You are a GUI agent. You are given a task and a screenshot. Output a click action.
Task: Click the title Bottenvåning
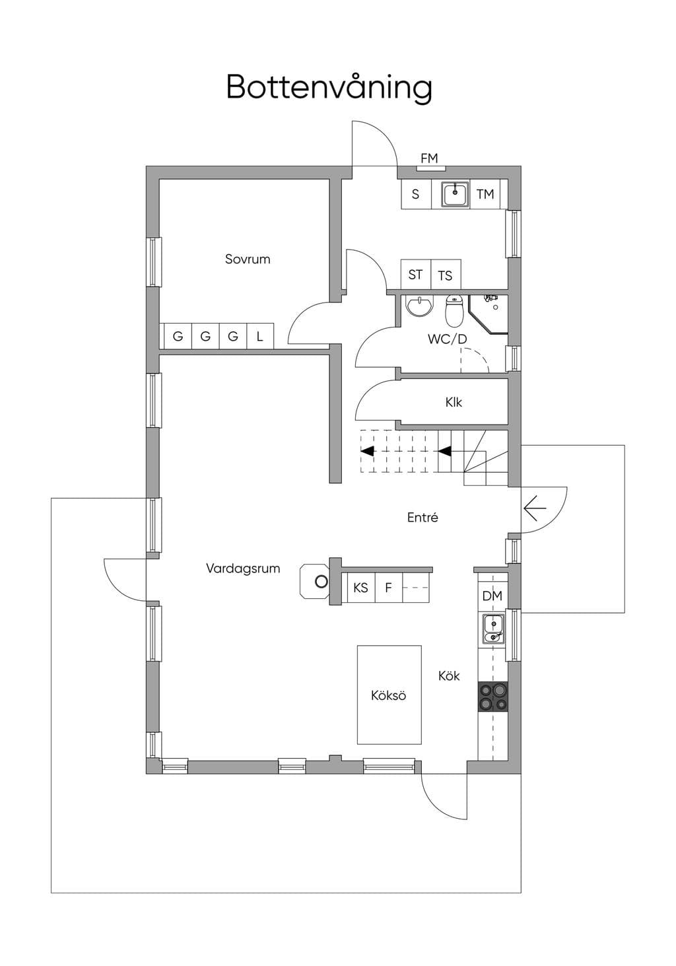pos(329,88)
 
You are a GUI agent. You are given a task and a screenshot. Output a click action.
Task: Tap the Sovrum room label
pos(248,259)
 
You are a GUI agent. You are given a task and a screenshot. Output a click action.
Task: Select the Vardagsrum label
pos(243,569)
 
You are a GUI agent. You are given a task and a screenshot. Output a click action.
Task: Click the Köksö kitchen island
pos(389,695)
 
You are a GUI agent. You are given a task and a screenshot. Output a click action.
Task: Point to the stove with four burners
pos(492,697)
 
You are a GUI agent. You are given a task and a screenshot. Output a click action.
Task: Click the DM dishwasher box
pos(492,596)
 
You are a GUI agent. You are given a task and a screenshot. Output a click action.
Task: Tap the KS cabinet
pos(361,588)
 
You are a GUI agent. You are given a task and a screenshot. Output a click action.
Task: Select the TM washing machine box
pos(485,194)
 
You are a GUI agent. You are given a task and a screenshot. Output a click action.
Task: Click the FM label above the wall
pos(429,158)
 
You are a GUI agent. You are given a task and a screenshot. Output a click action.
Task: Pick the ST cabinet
pos(416,274)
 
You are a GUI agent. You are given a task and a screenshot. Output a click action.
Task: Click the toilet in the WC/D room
pos(454,310)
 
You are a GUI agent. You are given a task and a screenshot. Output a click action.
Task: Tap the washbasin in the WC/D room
pos(419,306)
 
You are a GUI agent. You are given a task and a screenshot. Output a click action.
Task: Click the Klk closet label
pos(454,402)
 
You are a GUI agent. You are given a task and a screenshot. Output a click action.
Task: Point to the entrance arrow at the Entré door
pos(535,508)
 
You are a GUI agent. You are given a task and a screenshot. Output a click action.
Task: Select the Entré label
pos(422,517)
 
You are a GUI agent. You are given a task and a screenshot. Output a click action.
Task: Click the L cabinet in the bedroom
pos(260,336)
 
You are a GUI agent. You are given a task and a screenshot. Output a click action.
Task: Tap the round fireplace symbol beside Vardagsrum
pos(321,582)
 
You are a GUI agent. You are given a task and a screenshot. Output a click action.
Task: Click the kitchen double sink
pos(493,629)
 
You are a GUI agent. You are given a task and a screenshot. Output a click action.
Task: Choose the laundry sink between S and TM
pos(455,194)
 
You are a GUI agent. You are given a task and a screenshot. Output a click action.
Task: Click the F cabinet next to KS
pos(388,588)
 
